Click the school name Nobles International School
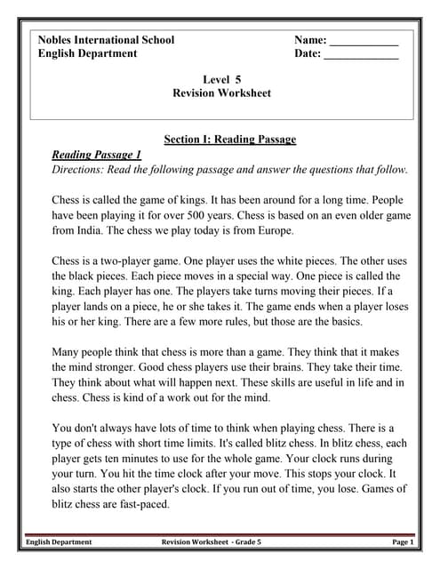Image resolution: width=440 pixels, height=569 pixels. (x=106, y=40)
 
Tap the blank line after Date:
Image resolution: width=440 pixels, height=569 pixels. (x=361, y=56)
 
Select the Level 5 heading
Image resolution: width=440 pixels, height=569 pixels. (x=222, y=79)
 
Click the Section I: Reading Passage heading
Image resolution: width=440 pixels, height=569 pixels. (x=230, y=140)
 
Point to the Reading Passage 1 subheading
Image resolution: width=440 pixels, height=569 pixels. (x=96, y=155)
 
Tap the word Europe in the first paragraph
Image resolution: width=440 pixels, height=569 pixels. (x=272, y=230)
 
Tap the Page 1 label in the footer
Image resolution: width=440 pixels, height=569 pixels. (x=402, y=541)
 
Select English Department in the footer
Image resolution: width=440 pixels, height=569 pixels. (x=59, y=541)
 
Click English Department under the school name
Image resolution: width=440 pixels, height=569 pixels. (x=87, y=53)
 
